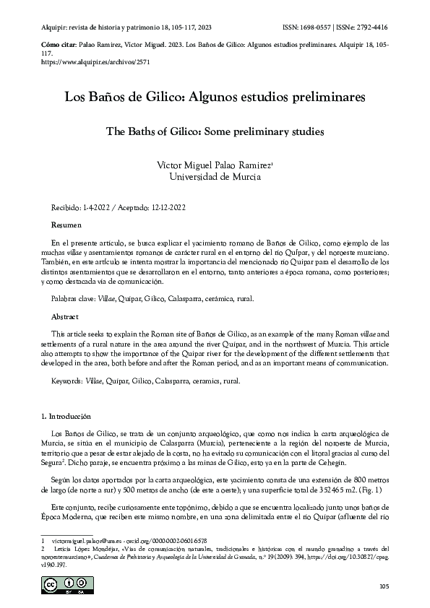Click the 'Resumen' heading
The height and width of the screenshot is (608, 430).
[x=66, y=226]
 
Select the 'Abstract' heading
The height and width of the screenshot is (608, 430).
[x=66, y=316]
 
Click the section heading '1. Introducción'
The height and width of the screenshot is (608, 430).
[x=67, y=417]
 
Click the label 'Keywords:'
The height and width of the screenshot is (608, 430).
[x=67, y=380]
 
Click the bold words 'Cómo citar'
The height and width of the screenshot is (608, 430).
[x=53, y=44]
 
